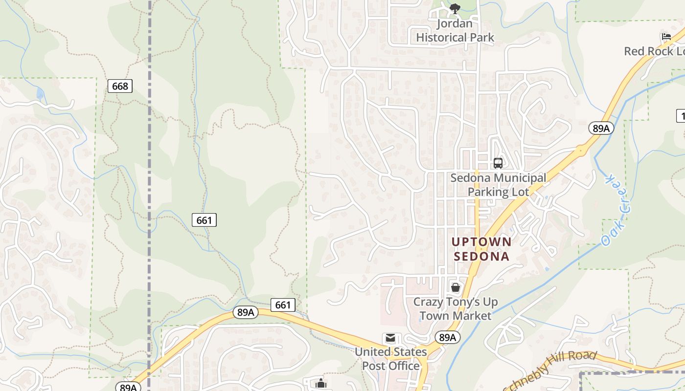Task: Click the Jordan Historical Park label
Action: pos(455,30)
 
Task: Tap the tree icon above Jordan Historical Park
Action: pos(455,8)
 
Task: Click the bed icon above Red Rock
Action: pos(666,37)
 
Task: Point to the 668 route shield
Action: pos(120,87)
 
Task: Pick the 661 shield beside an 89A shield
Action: pos(283,305)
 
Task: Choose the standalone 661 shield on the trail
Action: pos(204,220)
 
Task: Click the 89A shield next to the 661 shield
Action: pos(245,312)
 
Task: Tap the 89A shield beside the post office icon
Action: pos(447,337)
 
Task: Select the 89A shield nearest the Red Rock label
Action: pos(601,128)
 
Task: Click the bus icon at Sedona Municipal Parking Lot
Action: pos(498,163)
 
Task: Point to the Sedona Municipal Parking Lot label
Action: pos(498,185)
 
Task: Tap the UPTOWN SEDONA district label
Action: pos(481,249)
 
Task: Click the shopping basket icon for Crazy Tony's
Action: pos(456,287)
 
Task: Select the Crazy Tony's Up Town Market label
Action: pos(456,309)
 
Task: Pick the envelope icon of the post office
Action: pos(390,338)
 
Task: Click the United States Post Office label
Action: pos(390,359)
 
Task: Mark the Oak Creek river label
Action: pos(616,210)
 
